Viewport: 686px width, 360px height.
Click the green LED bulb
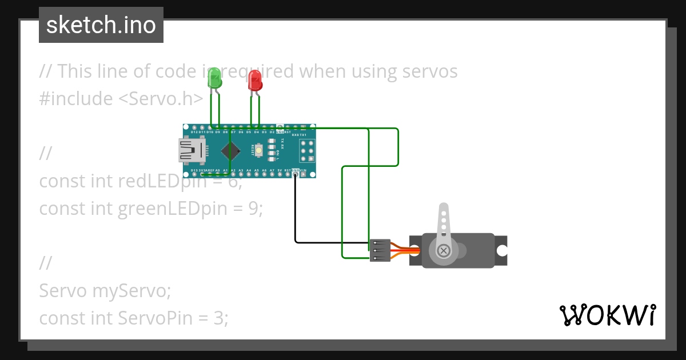pos(214,78)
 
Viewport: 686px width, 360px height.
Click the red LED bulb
pos(255,81)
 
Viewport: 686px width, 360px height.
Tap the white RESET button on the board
pos(259,151)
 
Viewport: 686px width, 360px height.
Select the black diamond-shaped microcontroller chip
pos(230,151)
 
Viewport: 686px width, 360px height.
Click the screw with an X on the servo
pos(444,250)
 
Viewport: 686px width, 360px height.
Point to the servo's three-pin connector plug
pos(380,250)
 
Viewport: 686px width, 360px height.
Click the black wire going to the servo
pos(296,217)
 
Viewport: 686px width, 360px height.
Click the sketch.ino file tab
pos(101,25)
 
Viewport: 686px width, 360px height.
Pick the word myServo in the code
pos(131,291)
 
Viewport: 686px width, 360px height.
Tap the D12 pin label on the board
pos(194,132)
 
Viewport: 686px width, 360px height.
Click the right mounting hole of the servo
pos(501,250)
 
